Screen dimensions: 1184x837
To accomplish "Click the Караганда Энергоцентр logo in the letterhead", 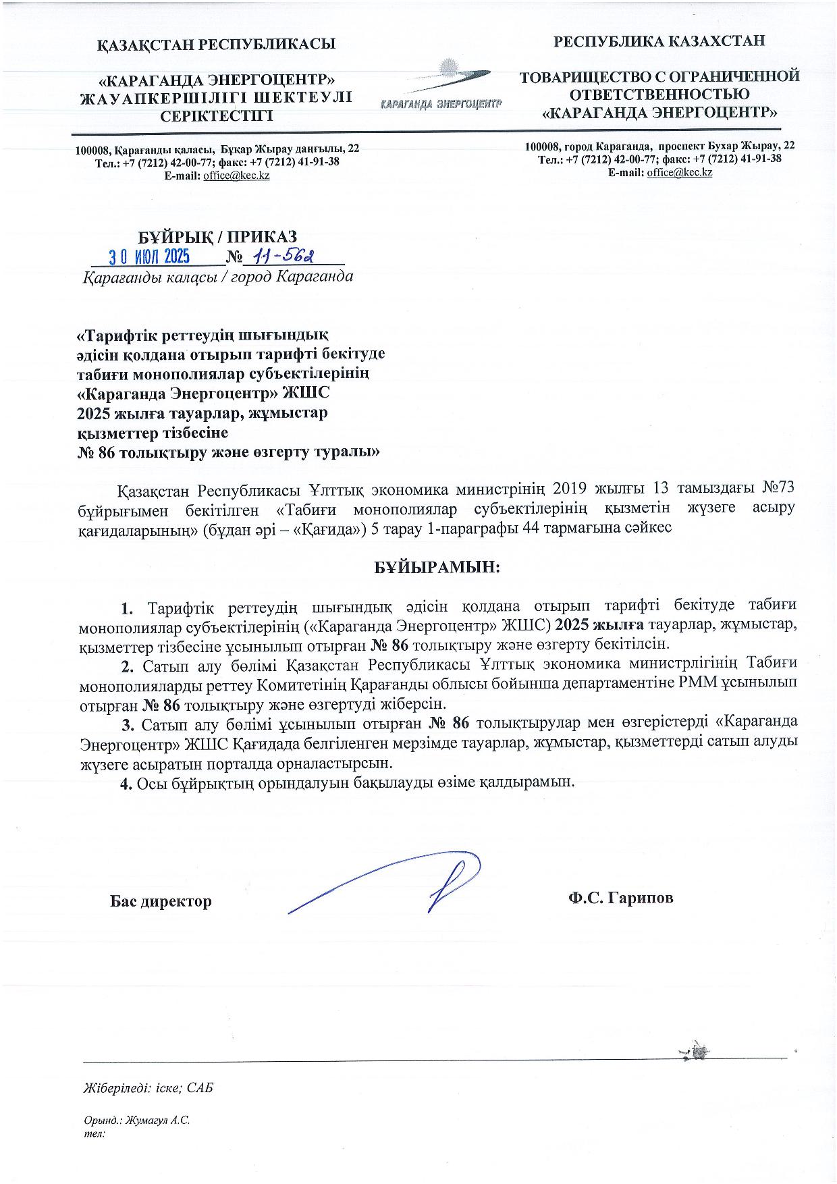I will pyautogui.click(x=441, y=88).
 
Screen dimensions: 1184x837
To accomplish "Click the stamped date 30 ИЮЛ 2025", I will pyautogui.click(x=150, y=257).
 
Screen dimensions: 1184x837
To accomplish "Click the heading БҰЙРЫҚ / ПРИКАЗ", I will pyautogui.click(x=217, y=236).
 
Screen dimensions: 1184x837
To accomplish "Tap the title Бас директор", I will pyautogui.click(x=161, y=900).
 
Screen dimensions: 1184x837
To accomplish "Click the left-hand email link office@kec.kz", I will pyautogui.click(x=236, y=176).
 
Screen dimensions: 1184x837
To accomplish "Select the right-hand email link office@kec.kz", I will pyautogui.click(x=679, y=172).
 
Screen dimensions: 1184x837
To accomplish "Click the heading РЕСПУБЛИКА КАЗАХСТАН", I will pyautogui.click(x=659, y=41).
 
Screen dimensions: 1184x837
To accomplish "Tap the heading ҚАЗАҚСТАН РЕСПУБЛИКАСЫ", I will pyautogui.click(x=217, y=45).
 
